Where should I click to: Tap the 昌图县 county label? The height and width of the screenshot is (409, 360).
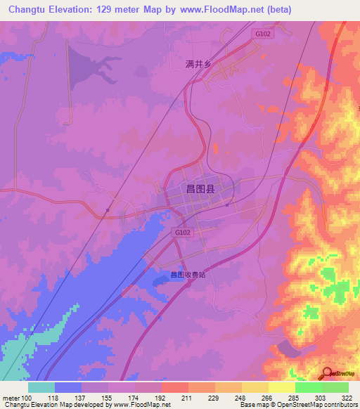[x=199, y=188]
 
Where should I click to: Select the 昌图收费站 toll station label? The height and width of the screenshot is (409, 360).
[x=187, y=275]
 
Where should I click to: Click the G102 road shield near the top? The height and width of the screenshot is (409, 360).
[x=263, y=33]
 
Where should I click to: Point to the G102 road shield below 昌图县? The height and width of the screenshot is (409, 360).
[x=181, y=231]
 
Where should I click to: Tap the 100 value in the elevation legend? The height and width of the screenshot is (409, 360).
[x=27, y=398]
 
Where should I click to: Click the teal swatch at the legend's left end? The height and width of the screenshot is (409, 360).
[x=41, y=387]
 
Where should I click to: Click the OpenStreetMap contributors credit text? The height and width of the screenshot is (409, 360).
[x=313, y=405]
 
